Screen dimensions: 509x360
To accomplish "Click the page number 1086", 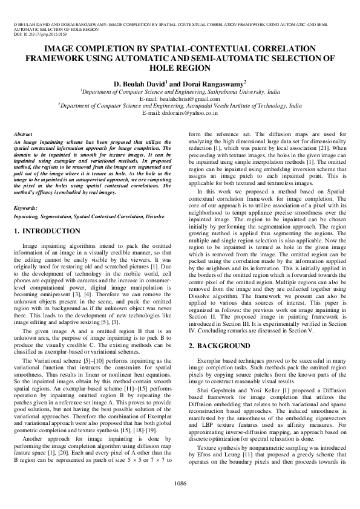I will tap(180, 483).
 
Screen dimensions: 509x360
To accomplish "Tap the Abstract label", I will tap(24, 132).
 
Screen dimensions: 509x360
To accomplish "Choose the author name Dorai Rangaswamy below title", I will tap(214, 82).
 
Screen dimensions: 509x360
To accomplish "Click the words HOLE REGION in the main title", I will tap(179, 68).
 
